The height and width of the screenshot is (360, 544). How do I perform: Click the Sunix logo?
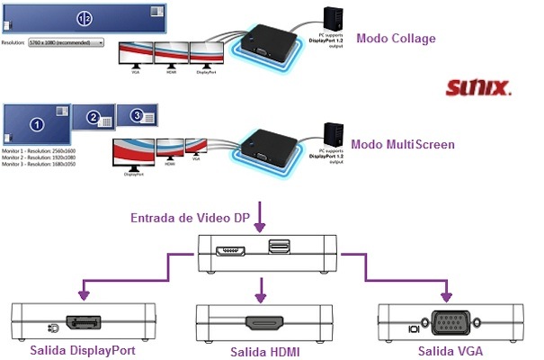click(479, 88)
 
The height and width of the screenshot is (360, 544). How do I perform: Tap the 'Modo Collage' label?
click(396, 38)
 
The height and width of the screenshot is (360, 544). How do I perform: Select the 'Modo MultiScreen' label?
click(402, 143)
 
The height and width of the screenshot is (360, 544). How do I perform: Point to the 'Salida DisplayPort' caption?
click(83, 349)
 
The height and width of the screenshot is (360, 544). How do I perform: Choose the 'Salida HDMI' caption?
click(264, 352)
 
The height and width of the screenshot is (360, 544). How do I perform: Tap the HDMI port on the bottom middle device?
click(264, 322)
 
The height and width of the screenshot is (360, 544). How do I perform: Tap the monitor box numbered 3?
click(138, 114)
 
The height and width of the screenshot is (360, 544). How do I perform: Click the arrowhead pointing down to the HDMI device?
click(263, 292)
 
